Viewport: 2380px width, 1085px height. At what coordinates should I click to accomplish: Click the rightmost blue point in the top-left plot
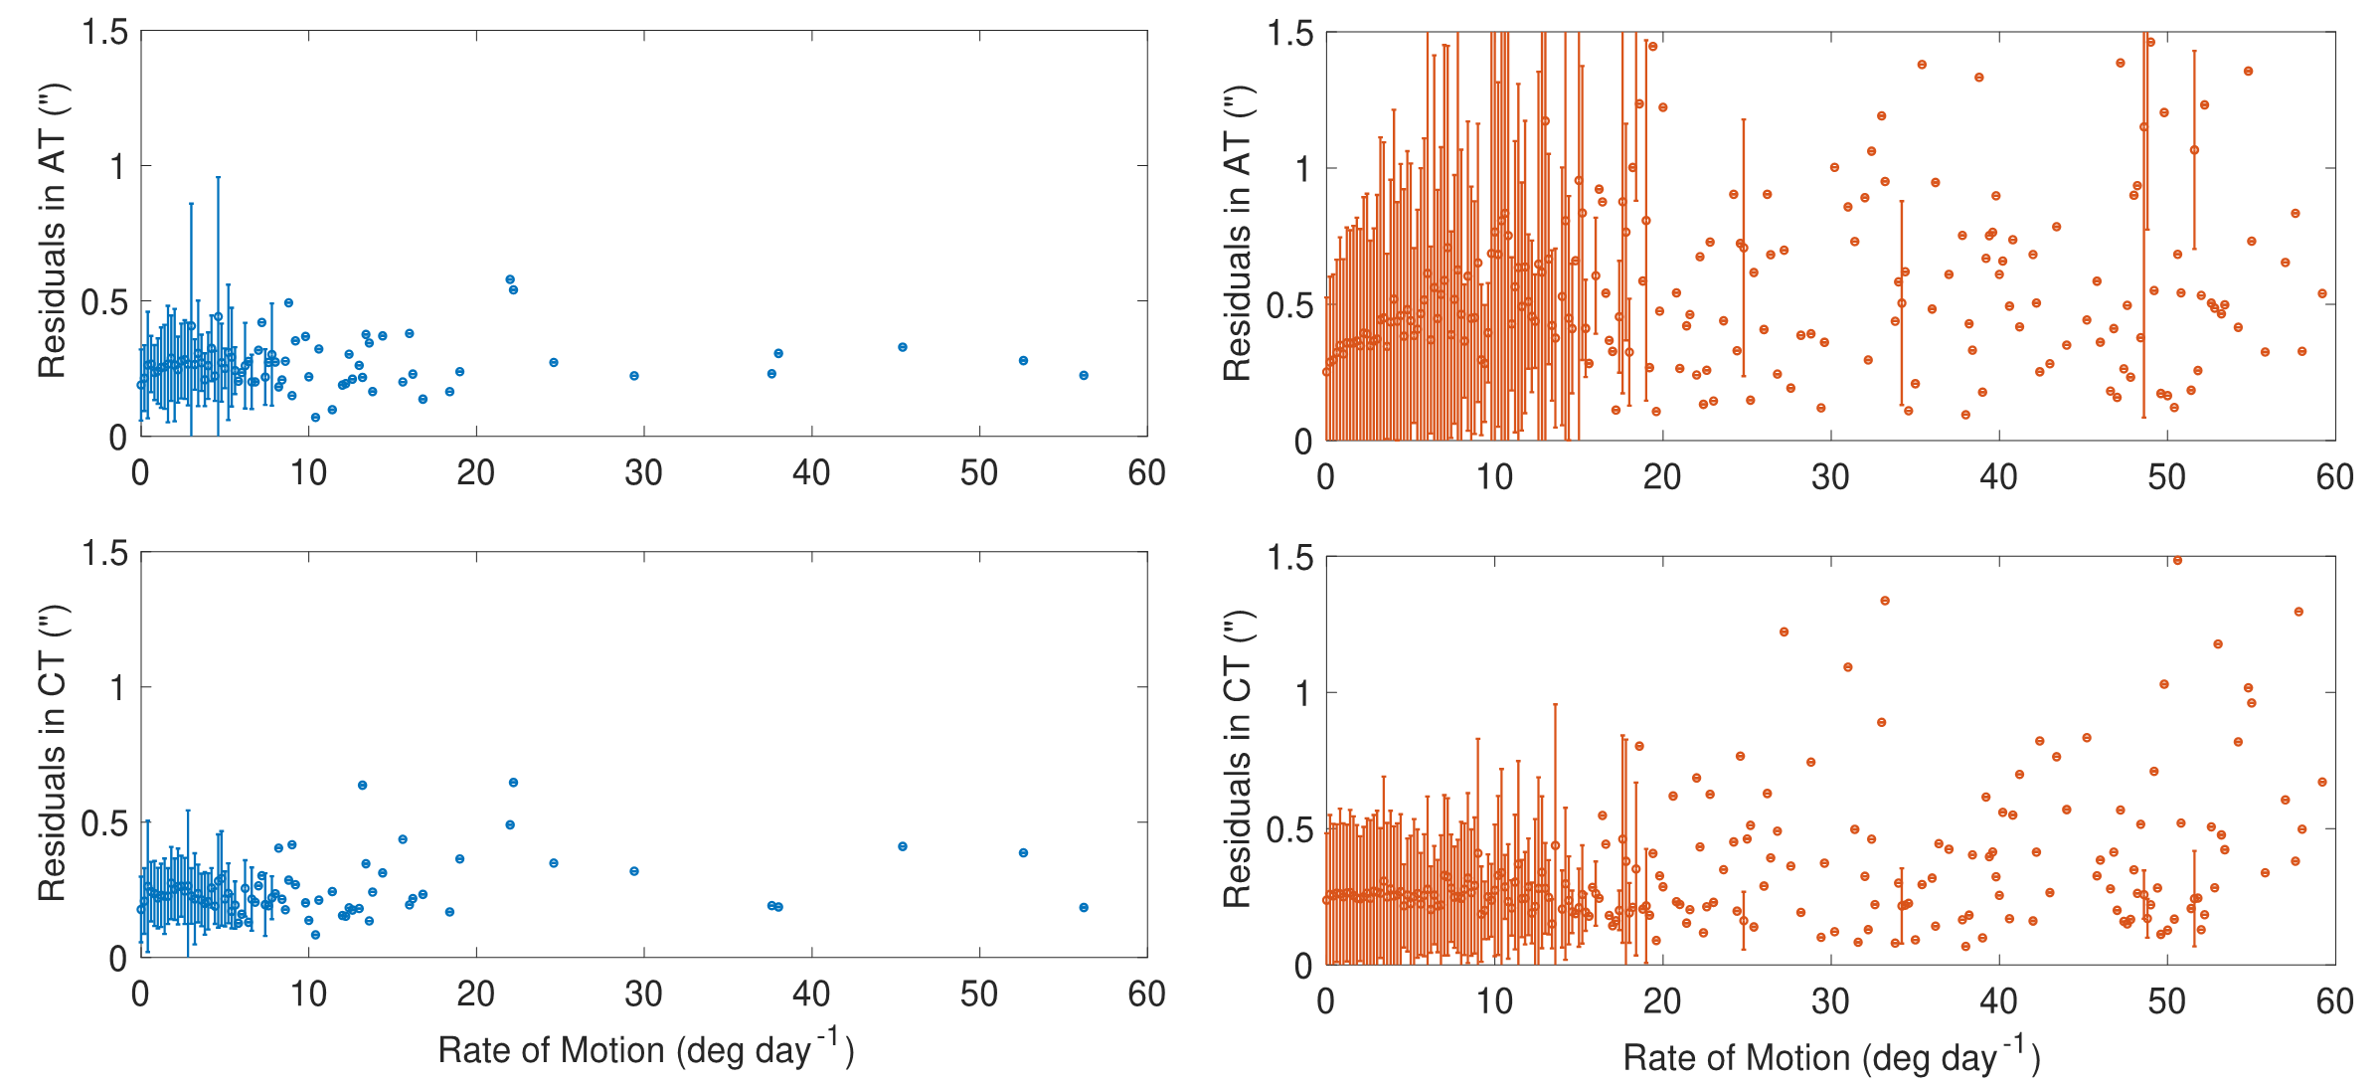click(1084, 375)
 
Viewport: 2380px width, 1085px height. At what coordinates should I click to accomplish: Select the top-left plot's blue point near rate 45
click(903, 347)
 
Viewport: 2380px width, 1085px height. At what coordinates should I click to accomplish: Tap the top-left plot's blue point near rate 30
click(634, 376)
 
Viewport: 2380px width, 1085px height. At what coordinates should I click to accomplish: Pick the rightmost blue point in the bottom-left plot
click(1084, 907)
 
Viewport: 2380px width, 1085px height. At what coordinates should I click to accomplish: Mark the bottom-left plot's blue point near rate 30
click(634, 871)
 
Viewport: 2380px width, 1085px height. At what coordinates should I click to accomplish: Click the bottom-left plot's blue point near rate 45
click(903, 846)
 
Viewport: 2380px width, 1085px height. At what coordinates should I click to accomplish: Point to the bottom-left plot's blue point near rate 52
click(1023, 852)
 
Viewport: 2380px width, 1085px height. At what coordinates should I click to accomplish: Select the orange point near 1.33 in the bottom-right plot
click(1885, 601)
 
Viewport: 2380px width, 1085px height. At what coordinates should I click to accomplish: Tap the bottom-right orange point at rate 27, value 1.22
click(1785, 632)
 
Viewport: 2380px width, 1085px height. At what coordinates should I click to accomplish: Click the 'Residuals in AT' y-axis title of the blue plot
click(52, 232)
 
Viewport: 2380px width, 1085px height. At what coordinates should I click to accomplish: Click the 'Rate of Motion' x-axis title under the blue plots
click(645, 1050)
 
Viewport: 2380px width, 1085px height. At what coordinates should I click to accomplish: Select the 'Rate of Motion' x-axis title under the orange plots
click(1831, 1057)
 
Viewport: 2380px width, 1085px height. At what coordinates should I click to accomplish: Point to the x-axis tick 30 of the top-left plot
click(643, 472)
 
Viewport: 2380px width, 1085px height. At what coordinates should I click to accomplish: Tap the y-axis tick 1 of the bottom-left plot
click(118, 687)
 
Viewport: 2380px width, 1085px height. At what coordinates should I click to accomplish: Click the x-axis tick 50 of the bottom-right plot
click(2166, 1000)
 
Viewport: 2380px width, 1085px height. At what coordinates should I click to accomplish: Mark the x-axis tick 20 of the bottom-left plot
click(476, 994)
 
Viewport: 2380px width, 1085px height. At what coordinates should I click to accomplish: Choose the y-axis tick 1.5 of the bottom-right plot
click(1289, 559)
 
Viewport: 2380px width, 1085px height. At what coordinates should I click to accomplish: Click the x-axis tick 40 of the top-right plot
click(1998, 476)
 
